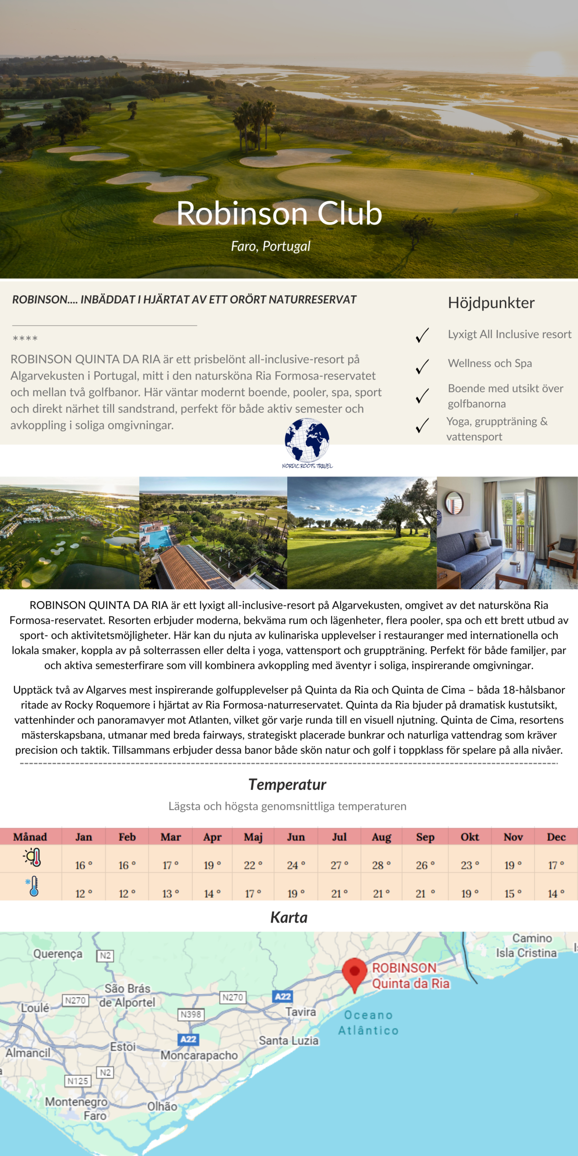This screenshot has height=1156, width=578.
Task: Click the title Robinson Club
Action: tap(279, 213)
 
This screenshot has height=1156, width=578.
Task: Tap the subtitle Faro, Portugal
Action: tap(270, 246)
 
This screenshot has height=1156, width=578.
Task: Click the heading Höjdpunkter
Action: tap(491, 303)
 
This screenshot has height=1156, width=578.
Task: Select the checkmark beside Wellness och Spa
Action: tap(422, 366)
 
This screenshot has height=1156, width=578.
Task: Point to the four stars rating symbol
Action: tap(25, 338)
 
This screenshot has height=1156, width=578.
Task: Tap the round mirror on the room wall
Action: tap(454, 503)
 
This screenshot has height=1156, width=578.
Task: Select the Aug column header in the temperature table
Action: tap(381, 837)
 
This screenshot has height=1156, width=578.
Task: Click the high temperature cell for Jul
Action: tap(340, 865)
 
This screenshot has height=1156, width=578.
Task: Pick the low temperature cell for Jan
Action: tap(84, 894)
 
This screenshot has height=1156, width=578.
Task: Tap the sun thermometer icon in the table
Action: tap(33, 857)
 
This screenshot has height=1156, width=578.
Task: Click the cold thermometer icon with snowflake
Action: tap(33, 886)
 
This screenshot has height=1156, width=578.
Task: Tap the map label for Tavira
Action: tap(300, 1012)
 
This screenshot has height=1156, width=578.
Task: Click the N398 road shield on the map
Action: tap(191, 1014)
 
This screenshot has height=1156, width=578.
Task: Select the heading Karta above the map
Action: tap(289, 917)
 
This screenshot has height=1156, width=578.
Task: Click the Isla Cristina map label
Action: tap(526, 953)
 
